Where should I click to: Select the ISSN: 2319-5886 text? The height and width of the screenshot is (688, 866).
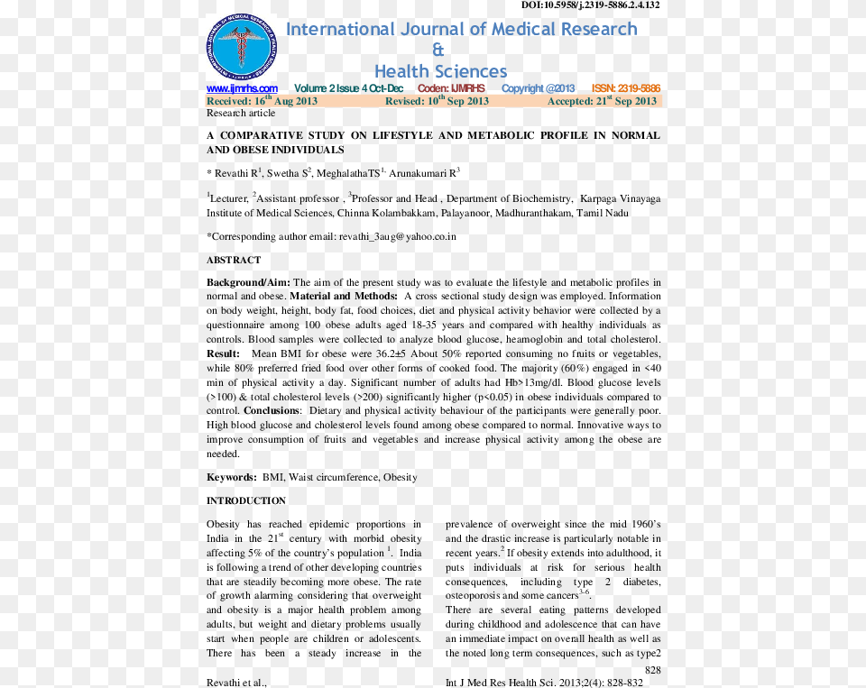point(625,88)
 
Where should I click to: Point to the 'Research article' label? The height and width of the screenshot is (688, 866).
point(241,114)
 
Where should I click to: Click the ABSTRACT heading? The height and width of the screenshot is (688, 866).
point(234,260)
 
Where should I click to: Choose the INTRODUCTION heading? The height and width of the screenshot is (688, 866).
point(246,500)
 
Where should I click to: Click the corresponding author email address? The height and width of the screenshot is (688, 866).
point(397,236)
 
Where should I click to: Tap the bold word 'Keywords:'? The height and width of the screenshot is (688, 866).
point(232,477)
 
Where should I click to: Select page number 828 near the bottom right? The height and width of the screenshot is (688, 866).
point(652,670)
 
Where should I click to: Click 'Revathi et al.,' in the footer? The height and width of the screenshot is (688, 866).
point(236,683)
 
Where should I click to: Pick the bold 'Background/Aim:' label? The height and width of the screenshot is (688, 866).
point(248,282)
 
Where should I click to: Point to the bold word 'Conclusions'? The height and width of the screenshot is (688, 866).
point(272,410)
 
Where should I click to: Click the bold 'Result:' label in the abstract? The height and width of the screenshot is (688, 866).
point(224,353)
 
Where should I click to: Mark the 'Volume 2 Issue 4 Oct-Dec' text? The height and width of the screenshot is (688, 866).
point(348,88)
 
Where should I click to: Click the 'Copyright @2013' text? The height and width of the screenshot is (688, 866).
point(538,88)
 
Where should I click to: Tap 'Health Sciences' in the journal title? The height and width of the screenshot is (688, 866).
point(440,71)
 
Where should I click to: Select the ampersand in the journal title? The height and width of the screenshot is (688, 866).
point(438,50)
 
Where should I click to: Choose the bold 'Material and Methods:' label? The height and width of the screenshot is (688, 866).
point(344,296)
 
